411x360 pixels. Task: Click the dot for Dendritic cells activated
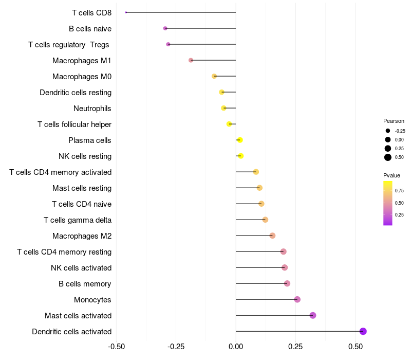pyautogui.click(x=363, y=331)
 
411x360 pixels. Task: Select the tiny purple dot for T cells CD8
pyautogui.click(x=126, y=12)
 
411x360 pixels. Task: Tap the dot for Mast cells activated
pyautogui.click(x=313, y=315)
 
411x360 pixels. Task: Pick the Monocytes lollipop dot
pyautogui.click(x=297, y=299)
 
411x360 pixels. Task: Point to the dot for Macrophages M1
pyautogui.click(x=191, y=60)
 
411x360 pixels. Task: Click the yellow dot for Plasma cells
pyautogui.click(x=240, y=140)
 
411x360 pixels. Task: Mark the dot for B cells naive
pyautogui.click(x=165, y=28)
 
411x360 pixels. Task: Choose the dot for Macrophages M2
pyautogui.click(x=272, y=236)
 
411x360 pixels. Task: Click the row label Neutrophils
pyautogui.click(x=92, y=109)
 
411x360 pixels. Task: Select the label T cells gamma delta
pyautogui.click(x=78, y=220)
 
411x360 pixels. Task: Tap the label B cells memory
pyautogui.click(x=85, y=284)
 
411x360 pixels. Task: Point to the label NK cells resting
pyautogui.click(x=85, y=156)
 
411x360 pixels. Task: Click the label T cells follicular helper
pyautogui.click(x=74, y=124)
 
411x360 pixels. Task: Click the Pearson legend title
pyautogui.click(x=394, y=121)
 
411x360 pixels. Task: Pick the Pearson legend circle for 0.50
pyautogui.click(x=388, y=157)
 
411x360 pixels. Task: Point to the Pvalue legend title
pyautogui.click(x=391, y=175)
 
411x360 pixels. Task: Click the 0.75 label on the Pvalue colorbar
pyautogui.click(x=399, y=191)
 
